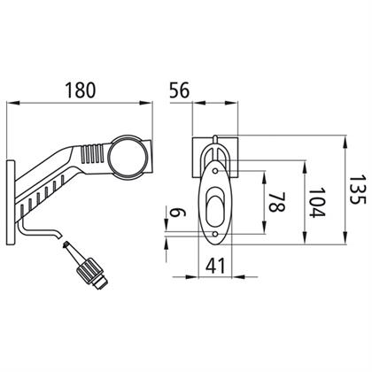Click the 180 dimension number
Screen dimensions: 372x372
tap(81, 90)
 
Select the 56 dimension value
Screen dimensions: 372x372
tap(180, 90)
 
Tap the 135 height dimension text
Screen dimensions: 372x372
tap(357, 190)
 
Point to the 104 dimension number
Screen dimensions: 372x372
tap(316, 203)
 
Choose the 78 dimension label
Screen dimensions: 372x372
tap(276, 203)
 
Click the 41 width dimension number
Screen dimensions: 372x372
tap(215, 266)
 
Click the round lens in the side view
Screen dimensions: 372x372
tap(128, 157)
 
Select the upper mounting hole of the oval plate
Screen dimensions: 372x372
tap(216, 171)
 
